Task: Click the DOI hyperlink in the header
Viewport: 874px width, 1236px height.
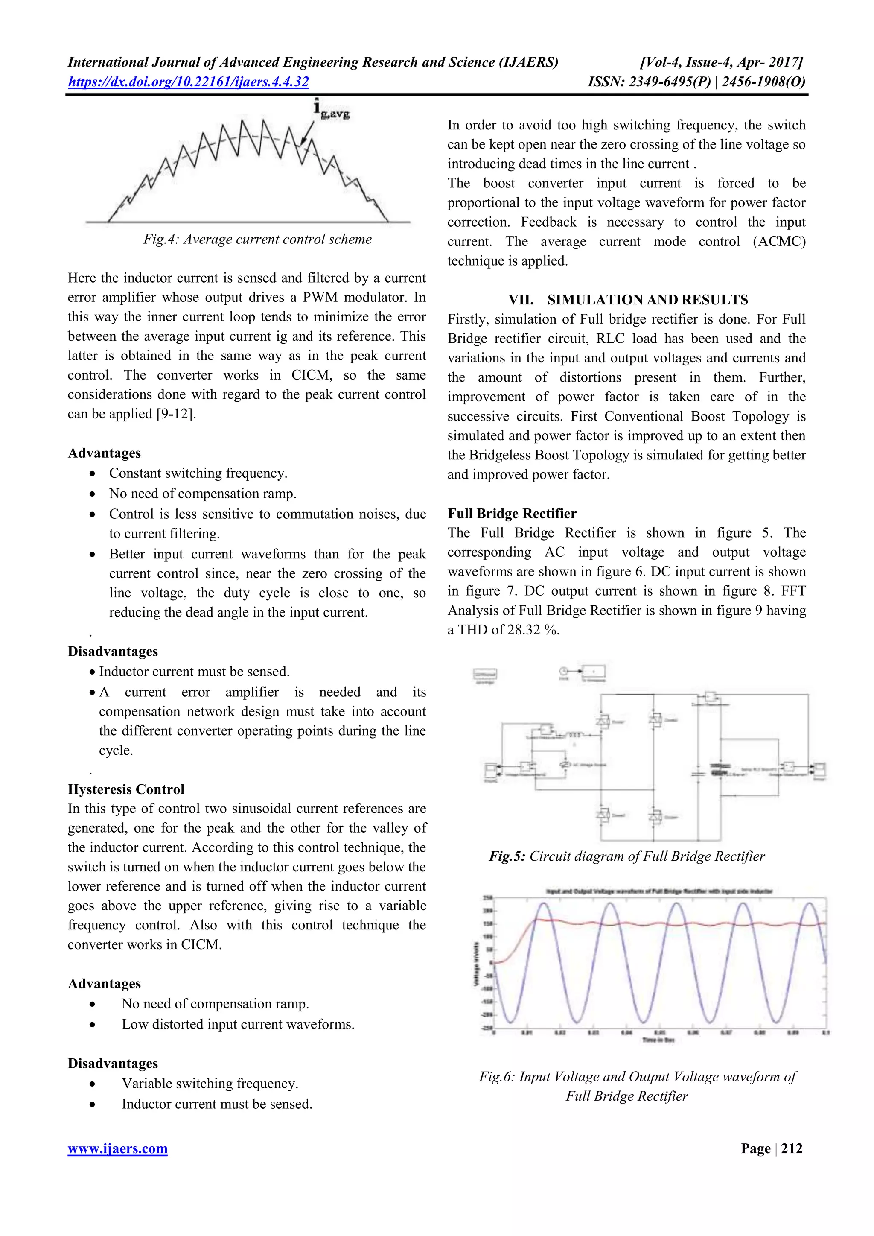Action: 188,82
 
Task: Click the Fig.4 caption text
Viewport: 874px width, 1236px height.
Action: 257,239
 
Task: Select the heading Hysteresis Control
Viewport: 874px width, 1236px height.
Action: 126,789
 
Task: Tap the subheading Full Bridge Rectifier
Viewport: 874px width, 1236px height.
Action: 512,513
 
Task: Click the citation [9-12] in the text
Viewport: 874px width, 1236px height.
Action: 175,414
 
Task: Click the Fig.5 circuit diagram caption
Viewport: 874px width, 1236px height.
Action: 626,856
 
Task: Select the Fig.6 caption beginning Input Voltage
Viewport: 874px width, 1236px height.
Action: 637,1077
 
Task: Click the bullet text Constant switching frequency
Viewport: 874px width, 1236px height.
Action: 198,473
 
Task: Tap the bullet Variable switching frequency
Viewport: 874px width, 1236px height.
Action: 210,1083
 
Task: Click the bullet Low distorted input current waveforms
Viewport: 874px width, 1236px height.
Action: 238,1024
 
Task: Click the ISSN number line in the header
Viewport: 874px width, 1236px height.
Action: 696,82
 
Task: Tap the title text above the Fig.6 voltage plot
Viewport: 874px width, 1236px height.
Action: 659,891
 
